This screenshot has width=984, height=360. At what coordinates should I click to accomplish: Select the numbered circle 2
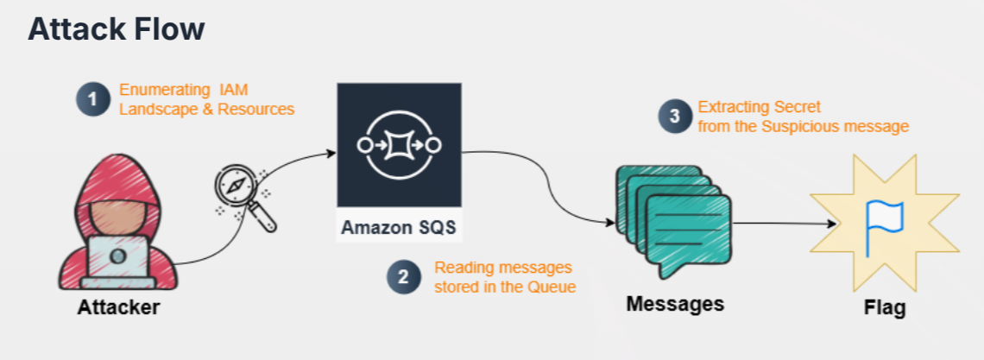point(403,277)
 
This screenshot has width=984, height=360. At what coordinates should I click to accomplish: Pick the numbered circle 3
point(675,117)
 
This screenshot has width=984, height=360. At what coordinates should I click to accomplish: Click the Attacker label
point(118,306)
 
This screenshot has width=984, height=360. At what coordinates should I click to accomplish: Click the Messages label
point(675,304)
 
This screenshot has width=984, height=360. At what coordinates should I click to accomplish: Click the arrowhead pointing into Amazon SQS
point(331,155)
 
